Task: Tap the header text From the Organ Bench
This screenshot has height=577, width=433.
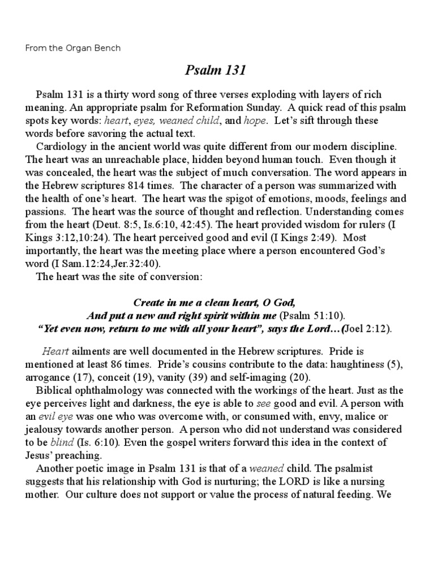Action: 73,48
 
